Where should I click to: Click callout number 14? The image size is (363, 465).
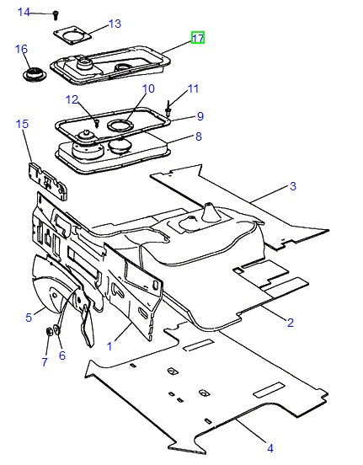(24, 12)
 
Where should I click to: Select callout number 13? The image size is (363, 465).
(115, 24)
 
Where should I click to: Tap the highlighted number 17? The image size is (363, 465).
(198, 39)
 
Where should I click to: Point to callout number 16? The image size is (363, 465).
(22, 49)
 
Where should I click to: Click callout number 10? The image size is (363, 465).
(148, 88)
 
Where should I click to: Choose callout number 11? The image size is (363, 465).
(194, 88)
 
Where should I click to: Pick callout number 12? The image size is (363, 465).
(72, 99)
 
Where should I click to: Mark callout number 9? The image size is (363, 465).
(200, 115)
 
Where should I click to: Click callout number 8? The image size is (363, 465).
(198, 136)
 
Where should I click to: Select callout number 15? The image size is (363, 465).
(22, 124)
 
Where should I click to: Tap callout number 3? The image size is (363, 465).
(293, 185)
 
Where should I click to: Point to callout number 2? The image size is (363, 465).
(290, 322)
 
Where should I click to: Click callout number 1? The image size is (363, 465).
(109, 345)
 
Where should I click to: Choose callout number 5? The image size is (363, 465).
(28, 317)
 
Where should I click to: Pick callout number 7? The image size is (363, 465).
(45, 361)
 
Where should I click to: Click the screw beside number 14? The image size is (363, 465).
(55, 14)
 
